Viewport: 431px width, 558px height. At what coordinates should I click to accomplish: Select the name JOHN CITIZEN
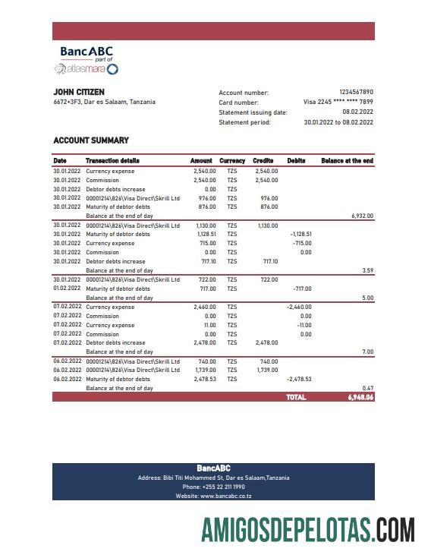coord(79,92)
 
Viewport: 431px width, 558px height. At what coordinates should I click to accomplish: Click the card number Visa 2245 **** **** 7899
coord(338,102)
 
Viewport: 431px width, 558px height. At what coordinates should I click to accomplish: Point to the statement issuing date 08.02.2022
coord(357,112)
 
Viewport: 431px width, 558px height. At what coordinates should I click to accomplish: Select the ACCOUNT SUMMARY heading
coord(91,140)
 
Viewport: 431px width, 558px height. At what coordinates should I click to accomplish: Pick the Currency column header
coord(232,161)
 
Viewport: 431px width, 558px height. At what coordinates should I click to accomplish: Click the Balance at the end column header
coord(347,161)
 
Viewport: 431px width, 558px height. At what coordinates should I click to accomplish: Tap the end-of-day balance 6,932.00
coord(362,216)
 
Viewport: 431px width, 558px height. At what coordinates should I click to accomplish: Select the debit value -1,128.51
coord(301,235)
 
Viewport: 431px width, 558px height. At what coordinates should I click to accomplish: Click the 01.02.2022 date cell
coord(67,289)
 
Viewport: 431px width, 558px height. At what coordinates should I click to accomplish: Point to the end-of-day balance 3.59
coord(367,270)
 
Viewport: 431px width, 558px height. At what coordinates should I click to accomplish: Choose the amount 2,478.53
coord(205,379)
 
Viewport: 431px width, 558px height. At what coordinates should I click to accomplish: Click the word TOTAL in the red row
coord(296,397)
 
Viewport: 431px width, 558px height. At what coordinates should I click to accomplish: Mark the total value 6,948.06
coord(360,397)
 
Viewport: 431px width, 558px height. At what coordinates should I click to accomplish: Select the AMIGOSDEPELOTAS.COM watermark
coord(307,530)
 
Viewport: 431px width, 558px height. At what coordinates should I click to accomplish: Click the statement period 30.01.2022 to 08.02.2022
coord(338,121)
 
